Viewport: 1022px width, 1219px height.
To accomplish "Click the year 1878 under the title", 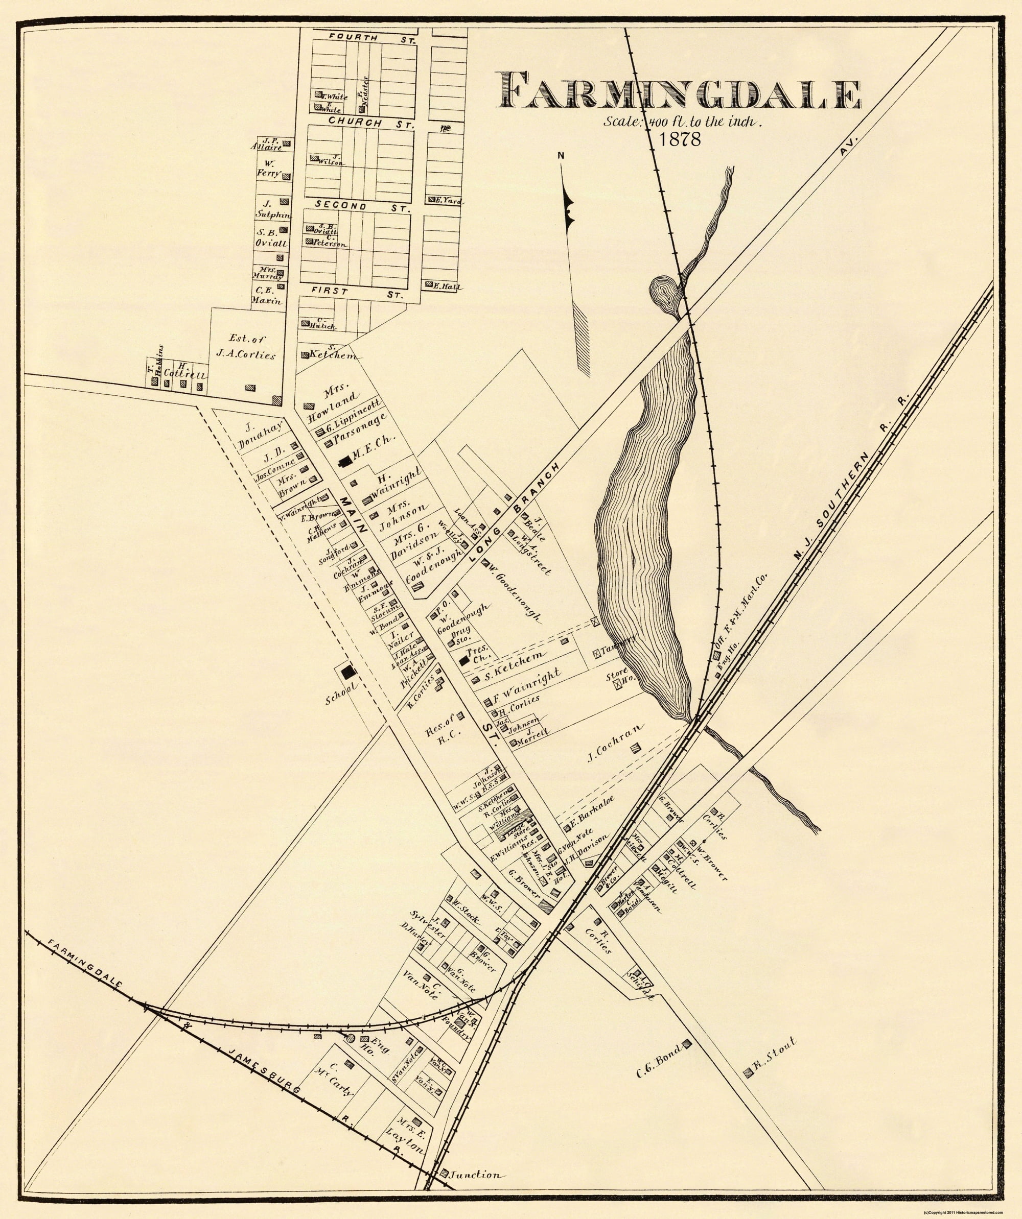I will tap(680, 139).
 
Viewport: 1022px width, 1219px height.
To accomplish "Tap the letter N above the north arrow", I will tap(561, 154).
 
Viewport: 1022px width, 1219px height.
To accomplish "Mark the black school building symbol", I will tap(349, 672).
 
